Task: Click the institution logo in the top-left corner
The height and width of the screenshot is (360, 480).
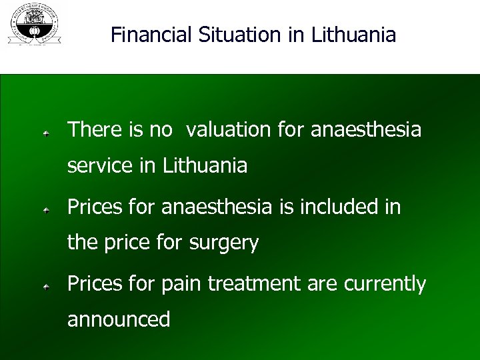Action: (33, 24)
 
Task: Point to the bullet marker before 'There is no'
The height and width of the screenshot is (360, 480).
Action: (45, 133)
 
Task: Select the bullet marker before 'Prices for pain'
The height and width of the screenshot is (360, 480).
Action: (45, 287)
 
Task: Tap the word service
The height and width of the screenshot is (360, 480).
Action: (101, 165)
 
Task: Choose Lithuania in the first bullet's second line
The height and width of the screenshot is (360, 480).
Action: (205, 165)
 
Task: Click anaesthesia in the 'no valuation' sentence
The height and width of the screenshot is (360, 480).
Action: (366, 129)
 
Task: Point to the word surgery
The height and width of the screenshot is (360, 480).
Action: (224, 244)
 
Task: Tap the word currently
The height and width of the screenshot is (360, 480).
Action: (385, 284)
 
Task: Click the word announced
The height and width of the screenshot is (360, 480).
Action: (119, 320)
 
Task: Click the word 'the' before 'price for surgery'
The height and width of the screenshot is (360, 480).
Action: (82, 243)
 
